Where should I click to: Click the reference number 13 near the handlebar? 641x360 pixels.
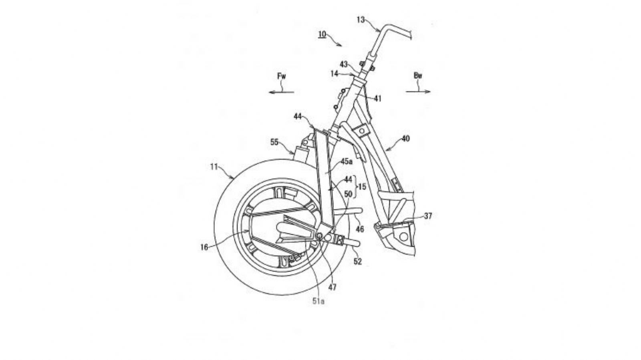[x=361, y=19]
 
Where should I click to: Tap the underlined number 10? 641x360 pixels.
[x=322, y=34]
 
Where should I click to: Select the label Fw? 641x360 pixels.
[x=282, y=75]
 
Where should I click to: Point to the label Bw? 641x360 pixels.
[x=418, y=75]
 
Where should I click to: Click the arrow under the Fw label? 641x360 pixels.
[x=281, y=92]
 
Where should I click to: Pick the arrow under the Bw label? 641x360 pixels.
[x=418, y=92]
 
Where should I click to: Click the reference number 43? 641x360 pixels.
[x=344, y=64]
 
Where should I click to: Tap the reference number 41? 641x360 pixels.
[x=378, y=99]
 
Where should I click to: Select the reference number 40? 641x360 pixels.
[x=405, y=139]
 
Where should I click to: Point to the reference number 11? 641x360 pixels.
[x=214, y=167]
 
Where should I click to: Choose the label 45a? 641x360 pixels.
[x=347, y=161]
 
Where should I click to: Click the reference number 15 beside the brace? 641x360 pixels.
[x=363, y=187]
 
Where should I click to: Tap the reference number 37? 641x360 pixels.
[x=428, y=216]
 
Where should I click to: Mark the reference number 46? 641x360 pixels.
[x=360, y=229]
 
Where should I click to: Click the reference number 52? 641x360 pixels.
[x=357, y=261]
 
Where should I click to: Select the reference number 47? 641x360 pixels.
[x=332, y=287]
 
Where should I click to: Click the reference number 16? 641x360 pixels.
[x=204, y=247]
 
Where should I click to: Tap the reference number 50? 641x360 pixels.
[x=348, y=194]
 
